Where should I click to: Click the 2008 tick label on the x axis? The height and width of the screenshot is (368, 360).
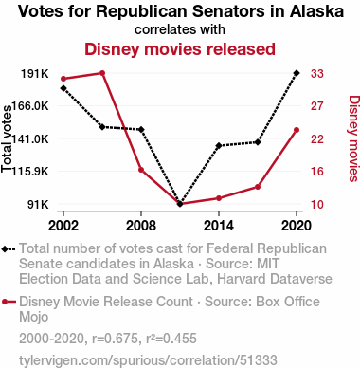[x=141, y=226]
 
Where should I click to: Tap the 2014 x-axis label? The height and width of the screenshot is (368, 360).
[x=219, y=226]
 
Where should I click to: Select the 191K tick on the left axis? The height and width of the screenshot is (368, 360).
[x=35, y=74]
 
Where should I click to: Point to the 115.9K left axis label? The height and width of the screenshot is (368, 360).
[x=30, y=172]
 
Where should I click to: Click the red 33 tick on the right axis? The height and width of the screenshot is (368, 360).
[x=317, y=73]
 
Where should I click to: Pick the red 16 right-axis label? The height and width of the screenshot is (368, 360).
[x=317, y=172]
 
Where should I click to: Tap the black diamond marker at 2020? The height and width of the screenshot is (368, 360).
[x=297, y=73]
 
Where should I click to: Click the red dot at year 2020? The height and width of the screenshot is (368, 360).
[x=297, y=130]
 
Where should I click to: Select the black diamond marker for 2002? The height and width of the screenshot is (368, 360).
[x=63, y=88]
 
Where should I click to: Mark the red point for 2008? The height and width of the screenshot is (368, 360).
[x=141, y=170]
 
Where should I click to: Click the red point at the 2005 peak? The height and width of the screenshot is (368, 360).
[x=102, y=73]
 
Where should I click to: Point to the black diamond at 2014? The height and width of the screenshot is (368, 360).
[x=219, y=146]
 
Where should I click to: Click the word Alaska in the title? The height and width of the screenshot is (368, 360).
[x=316, y=11]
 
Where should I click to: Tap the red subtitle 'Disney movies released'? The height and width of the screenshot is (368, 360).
[x=180, y=49]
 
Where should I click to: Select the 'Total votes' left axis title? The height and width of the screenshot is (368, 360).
[x=7, y=139]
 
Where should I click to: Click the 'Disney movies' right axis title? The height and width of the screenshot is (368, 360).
[x=353, y=138]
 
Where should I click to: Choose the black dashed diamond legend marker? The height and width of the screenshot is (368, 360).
[x=9, y=248]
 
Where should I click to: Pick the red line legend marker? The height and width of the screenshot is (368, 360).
[x=9, y=302]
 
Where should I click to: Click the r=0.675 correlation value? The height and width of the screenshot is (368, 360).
[x=115, y=339]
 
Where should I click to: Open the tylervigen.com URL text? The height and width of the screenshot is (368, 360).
[x=148, y=360]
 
